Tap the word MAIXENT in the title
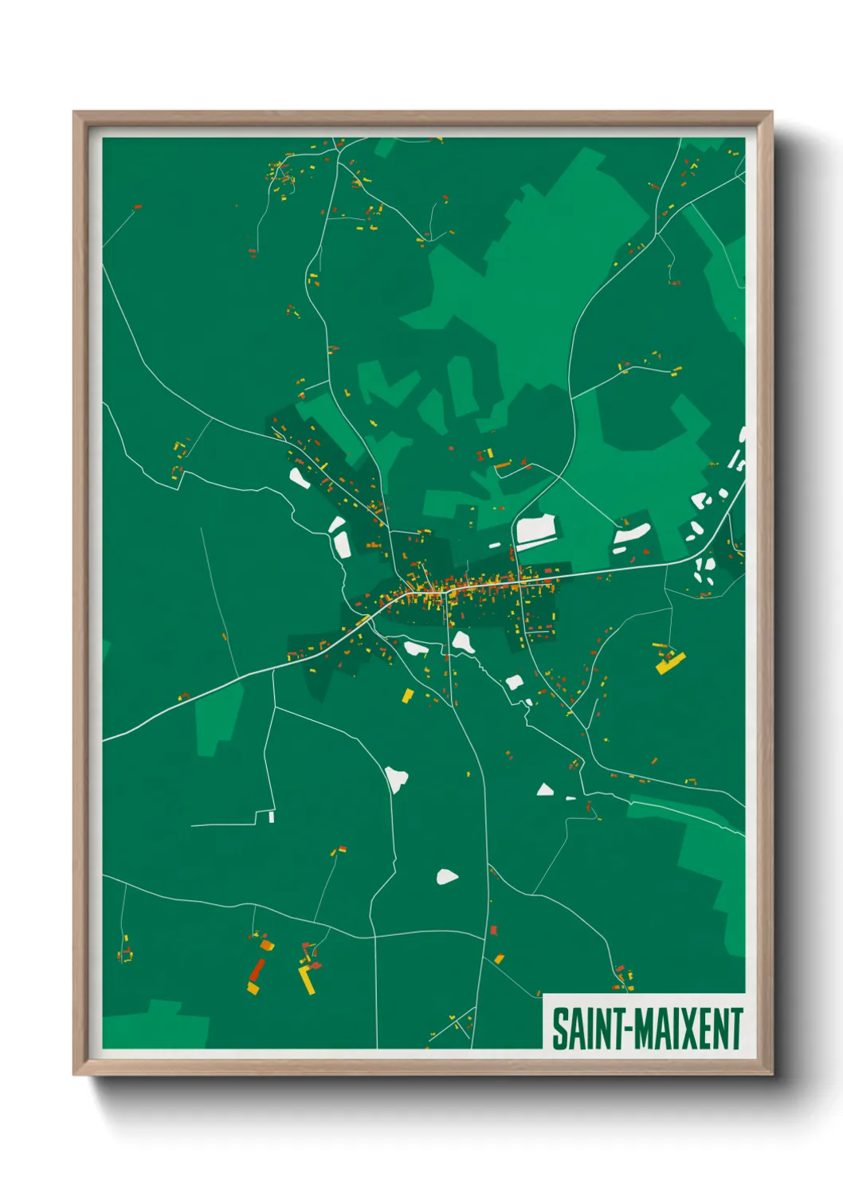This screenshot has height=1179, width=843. [688, 1028]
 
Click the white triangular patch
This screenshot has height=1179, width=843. [545, 790]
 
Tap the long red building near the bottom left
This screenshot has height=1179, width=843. [257, 970]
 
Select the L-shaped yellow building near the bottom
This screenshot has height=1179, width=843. [306, 979]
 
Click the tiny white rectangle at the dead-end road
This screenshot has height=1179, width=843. [271, 817]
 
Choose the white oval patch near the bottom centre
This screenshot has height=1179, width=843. [447, 877]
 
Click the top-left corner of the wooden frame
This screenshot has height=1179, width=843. [74, 112]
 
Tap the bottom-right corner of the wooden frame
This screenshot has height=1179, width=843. [771, 1075]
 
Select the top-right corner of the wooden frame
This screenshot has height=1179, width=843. [771, 112]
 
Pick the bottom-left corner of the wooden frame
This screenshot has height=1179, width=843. [74, 1075]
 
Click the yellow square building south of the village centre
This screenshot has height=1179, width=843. [407, 695]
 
